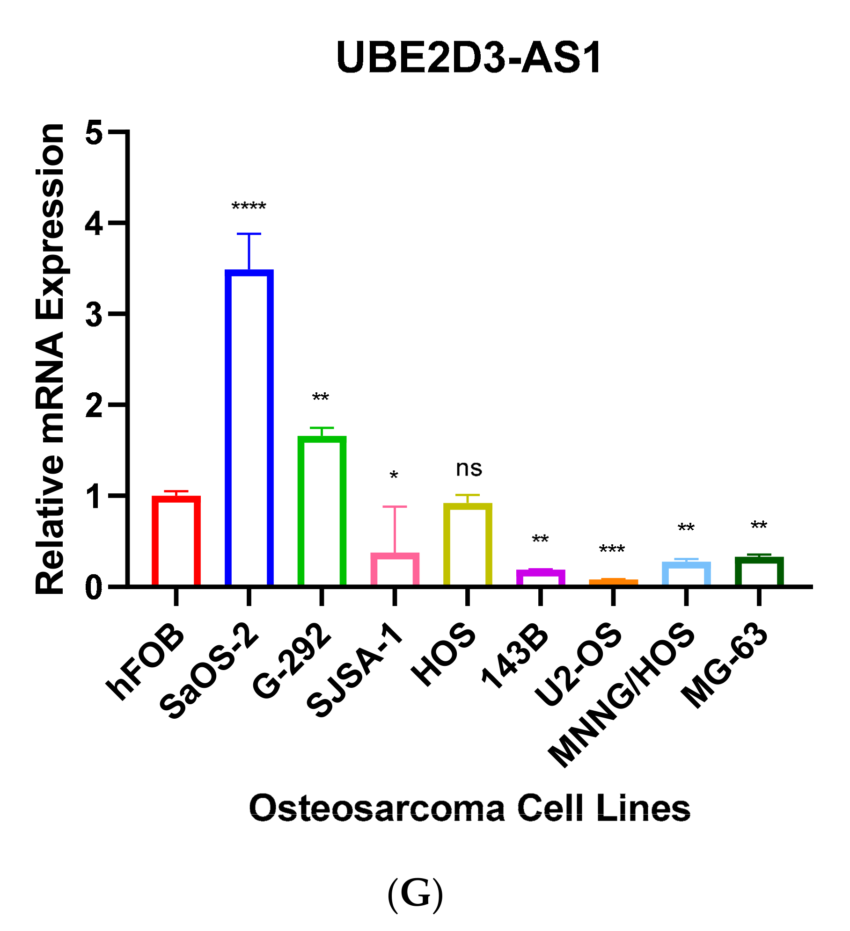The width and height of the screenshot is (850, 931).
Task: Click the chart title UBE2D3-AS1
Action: tap(469, 58)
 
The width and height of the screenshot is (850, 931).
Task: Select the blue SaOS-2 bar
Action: tap(249, 427)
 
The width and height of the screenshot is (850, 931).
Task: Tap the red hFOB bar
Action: tap(176, 541)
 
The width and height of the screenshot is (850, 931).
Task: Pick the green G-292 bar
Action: tap(322, 511)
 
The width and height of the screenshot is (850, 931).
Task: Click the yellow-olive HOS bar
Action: tap(468, 544)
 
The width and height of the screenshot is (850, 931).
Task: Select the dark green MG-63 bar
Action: tap(759, 571)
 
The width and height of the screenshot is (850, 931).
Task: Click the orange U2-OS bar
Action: tap(613, 581)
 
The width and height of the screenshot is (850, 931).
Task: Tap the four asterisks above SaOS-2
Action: tap(249, 207)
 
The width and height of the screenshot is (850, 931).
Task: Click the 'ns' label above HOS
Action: tap(469, 469)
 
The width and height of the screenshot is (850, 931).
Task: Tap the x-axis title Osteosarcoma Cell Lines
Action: tap(469, 808)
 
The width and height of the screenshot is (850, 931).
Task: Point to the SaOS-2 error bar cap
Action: tap(249, 234)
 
